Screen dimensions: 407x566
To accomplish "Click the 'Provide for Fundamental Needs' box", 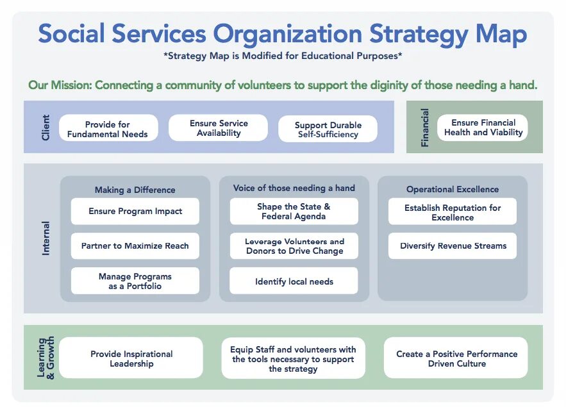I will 108,129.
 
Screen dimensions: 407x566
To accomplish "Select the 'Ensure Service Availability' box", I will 219,128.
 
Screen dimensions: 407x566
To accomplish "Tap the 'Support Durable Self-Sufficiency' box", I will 328,129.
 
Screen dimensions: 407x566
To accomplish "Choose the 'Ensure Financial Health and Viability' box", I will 483,128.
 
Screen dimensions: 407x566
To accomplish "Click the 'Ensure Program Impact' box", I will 135,211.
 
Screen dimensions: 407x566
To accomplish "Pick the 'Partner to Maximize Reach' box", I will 135,245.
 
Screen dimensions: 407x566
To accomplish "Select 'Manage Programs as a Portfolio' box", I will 135,281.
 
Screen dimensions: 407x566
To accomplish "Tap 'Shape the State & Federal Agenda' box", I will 294,212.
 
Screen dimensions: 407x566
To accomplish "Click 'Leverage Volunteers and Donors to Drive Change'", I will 294,246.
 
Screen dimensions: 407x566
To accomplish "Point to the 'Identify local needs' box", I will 294,281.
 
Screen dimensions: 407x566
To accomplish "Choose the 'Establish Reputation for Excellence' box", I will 453,212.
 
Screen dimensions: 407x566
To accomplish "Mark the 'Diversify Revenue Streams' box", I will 453,246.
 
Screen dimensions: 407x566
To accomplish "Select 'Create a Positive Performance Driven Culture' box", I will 456,358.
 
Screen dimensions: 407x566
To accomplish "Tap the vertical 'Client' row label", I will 46,127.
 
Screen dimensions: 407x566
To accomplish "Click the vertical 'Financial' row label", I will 425,128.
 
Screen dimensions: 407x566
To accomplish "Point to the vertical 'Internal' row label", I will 46,238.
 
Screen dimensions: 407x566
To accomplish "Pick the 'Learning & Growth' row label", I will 46,357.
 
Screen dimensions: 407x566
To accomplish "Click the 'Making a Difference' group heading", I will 135,190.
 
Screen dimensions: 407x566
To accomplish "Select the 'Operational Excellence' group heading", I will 452,190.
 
